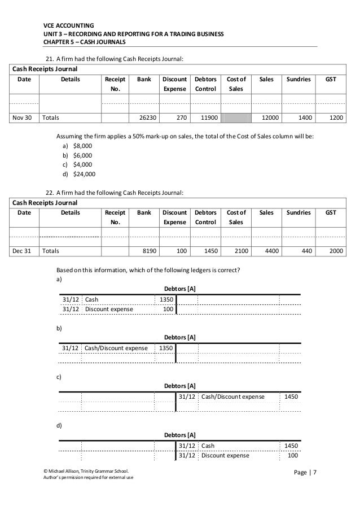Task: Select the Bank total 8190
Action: (x=150, y=250)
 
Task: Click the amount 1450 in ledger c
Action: (x=291, y=397)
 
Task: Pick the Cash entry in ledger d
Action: (x=208, y=446)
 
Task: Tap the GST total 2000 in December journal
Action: (x=336, y=250)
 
